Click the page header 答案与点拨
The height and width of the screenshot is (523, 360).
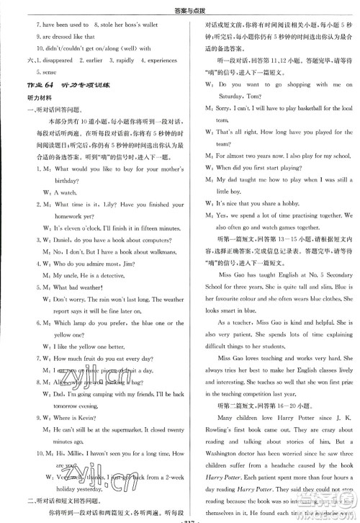181,8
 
